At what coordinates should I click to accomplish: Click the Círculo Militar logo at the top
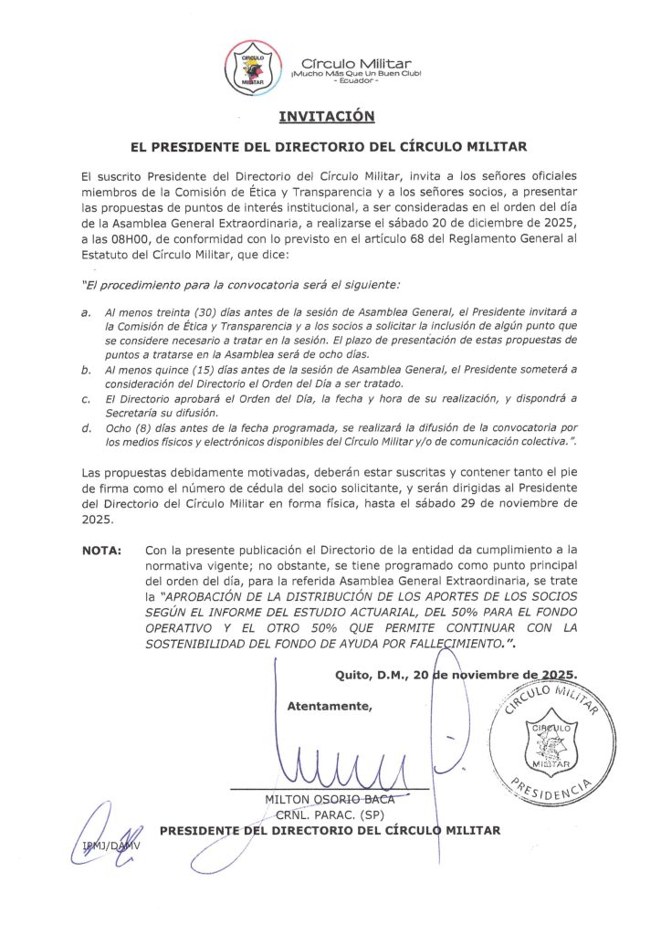249,68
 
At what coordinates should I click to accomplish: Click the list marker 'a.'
86,311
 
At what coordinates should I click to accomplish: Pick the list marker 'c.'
86,399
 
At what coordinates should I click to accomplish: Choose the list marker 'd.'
86,428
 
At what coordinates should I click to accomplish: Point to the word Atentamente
330,706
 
